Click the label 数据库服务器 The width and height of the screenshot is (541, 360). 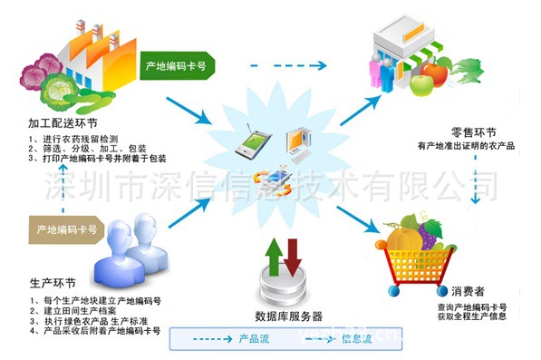[x=288, y=317]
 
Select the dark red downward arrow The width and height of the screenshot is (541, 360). [x=293, y=256]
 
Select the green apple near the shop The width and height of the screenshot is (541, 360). [x=422, y=85]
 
